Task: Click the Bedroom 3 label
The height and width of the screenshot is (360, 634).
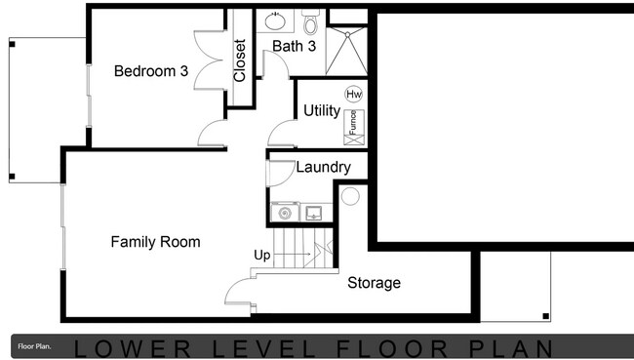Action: pos(150,71)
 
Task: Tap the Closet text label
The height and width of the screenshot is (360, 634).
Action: pos(240,60)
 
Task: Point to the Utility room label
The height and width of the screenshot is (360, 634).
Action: pos(321,110)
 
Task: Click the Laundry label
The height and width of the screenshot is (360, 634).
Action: pos(323,167)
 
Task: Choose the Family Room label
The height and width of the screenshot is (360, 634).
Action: pos(155,242)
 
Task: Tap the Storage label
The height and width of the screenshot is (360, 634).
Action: pos(374,283)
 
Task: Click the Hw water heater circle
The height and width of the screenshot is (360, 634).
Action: pos(353,95)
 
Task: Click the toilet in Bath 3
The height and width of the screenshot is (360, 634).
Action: pos(311,20)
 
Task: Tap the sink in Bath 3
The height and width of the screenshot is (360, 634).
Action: pos(273,19)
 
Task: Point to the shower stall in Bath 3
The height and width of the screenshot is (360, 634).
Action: pos(346,50)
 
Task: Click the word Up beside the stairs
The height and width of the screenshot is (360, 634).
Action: pos(262,256)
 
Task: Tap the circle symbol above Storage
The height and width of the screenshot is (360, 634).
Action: pos(350,196)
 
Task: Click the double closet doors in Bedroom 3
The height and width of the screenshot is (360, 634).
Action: pos(208,59)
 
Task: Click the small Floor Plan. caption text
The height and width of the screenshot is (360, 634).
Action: pos(34,346)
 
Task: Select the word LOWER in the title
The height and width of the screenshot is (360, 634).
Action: pos(131,347)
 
